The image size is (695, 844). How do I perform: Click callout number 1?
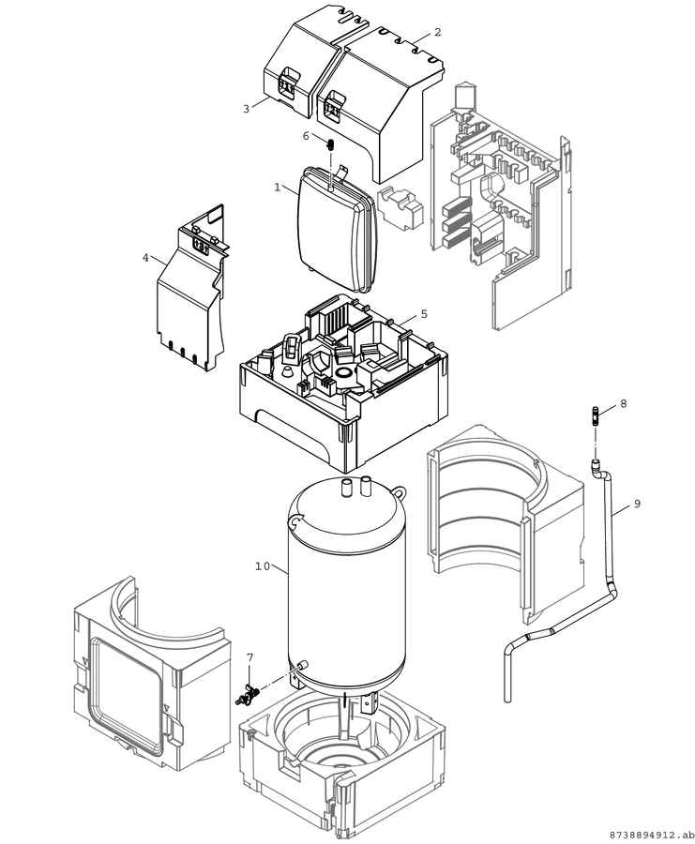[278, 188]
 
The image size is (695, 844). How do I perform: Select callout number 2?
[437, 32]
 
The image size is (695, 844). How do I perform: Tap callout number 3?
[246, 109]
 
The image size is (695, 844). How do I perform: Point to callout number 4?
[145, 258]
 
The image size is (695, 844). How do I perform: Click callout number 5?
[424, 314]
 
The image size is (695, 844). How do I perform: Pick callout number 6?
[306, 136]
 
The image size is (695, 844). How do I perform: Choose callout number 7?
[249, 657]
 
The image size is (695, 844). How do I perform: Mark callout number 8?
[624, 403]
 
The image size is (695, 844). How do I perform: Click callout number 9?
[637, 504]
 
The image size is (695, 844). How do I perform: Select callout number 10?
[263, 566]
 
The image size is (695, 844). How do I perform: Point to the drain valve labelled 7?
[249, 693]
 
